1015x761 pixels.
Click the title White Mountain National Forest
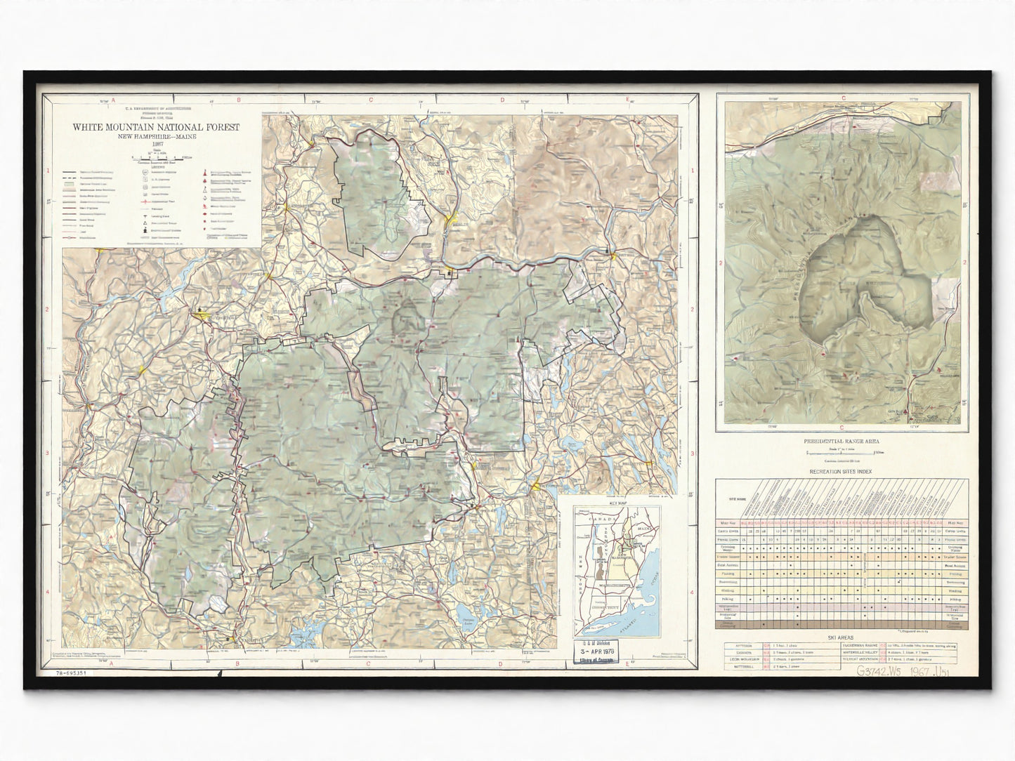pos(155,128)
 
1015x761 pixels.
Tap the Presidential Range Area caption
pos(841,442)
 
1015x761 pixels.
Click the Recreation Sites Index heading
pos(841,472)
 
